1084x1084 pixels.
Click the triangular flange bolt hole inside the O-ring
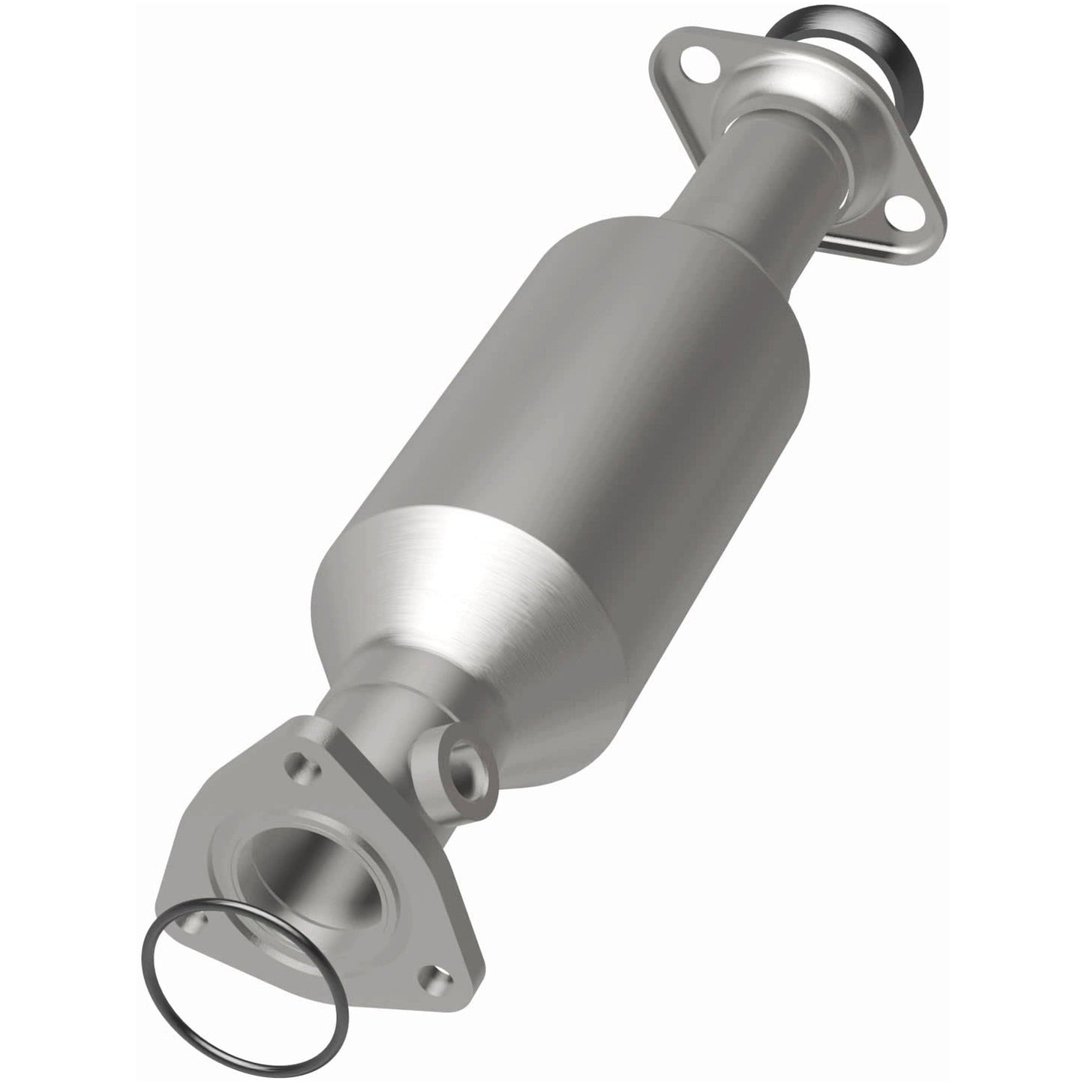coord(199,920)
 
